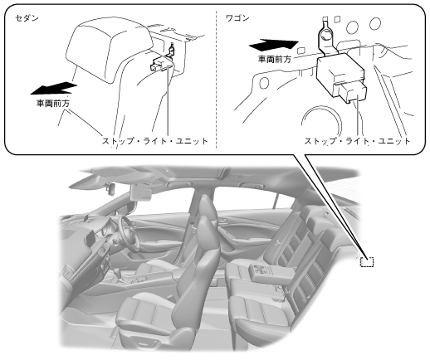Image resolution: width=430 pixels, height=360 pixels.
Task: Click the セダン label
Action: coord(27,18)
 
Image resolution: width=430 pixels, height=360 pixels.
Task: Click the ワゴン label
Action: coord(237,18)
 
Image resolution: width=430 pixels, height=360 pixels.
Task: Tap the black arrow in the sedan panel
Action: coord(54,88)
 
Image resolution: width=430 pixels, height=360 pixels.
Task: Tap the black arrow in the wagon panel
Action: coord(274,45)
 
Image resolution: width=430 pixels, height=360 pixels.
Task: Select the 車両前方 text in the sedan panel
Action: coord(53,104)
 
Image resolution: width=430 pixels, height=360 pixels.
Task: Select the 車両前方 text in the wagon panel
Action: coord(275,59)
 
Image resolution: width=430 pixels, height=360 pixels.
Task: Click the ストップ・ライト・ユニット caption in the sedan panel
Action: coord(155,141)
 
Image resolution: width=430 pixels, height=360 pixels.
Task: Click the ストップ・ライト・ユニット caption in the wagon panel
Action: coord(357,141)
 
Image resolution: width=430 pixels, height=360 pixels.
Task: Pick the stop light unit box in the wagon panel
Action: coord(341,75)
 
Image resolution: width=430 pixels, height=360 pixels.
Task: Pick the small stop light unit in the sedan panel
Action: coord(162,64)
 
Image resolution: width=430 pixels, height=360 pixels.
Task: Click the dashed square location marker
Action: coord(367,261)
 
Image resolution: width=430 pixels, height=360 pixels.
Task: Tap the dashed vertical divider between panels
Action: coord(216,80)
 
